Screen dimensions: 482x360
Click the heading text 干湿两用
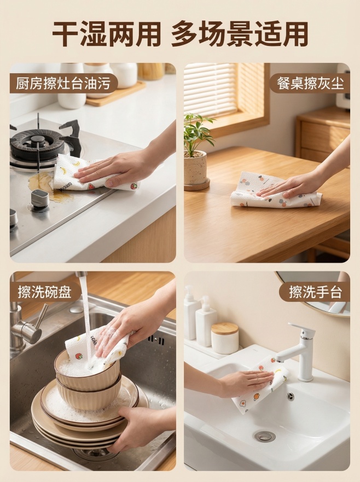pos(106,34)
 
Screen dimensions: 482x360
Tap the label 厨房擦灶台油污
pos(63,84)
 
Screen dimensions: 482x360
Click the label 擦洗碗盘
pos(45,292)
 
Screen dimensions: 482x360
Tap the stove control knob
pos(39,200)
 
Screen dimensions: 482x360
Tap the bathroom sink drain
pos(264,436)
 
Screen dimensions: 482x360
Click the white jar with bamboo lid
pos(224,338)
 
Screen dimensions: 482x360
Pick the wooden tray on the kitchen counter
pos(115,94)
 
